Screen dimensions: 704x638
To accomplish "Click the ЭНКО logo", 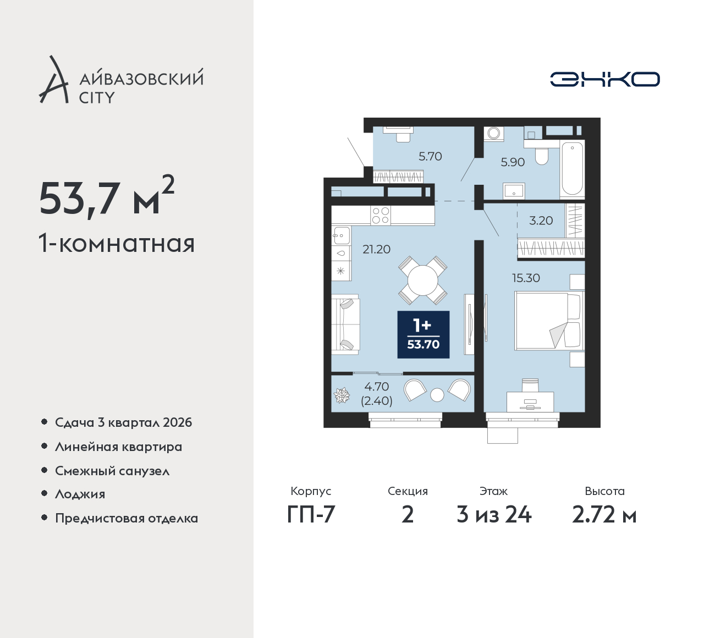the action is click(x=604, y=79).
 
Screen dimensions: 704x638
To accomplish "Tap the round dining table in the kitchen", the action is click(x=422, y=280).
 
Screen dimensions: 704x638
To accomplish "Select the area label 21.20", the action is click(x=376, y=250).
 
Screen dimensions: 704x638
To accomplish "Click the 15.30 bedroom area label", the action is click(x=526, y=278).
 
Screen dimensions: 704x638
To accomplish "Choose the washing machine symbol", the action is click(x=494, y=133).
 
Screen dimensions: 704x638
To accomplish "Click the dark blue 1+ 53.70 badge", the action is click(x=424, y=334).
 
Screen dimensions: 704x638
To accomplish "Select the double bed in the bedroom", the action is click(x=549, y=321).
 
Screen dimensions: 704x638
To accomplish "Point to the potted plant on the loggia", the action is click(x=342, y=395).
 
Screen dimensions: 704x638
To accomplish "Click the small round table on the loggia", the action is click(x=437, y=395).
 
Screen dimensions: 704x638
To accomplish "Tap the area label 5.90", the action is click(x=513, y=162).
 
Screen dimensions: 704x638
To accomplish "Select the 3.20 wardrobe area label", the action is click(x=541, y=221).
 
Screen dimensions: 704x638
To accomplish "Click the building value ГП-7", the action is click(x=311, y=515).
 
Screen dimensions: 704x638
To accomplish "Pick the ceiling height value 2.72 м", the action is click(x=604, y=515).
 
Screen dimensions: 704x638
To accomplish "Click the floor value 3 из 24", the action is click(x=494, y=515).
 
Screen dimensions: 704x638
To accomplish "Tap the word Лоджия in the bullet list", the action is click(x=80, y=494).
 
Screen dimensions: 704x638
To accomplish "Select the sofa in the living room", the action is click(x=345, y=324).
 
